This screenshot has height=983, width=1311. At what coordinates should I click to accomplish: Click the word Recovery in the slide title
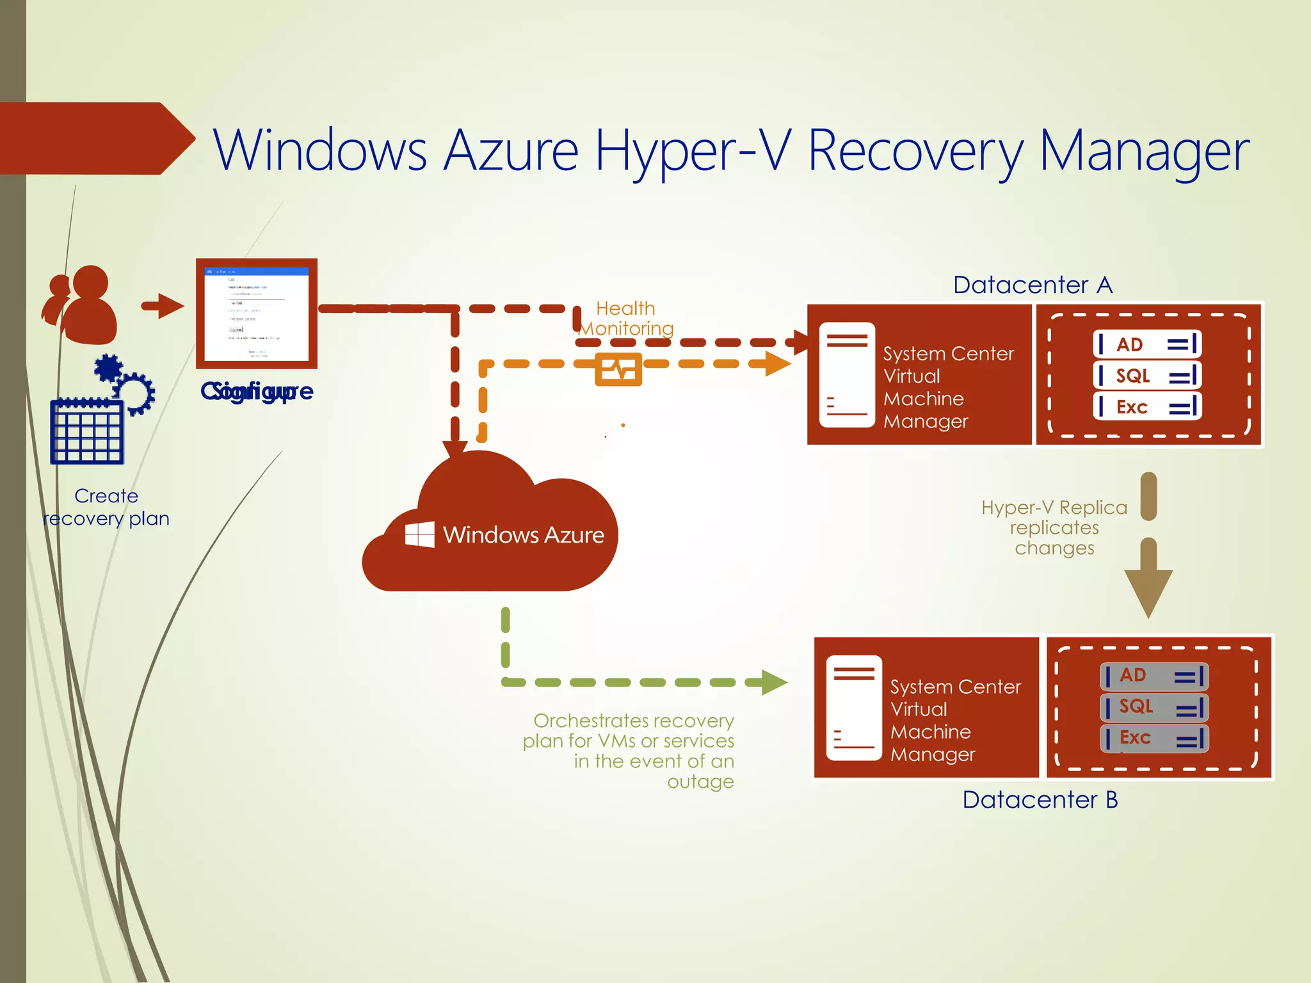pos(915,151)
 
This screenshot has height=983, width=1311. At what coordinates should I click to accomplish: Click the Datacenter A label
pos(1033,285)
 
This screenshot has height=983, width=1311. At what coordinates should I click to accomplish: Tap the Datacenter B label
pos(1040,800)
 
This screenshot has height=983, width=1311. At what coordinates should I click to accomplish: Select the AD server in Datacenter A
pos(1146,344)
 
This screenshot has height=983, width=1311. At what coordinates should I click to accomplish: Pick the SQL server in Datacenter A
pos(1146,376)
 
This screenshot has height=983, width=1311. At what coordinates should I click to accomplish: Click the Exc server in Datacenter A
pos(1146,407)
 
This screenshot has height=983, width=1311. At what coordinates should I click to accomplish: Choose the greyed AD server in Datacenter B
pos(1154,676)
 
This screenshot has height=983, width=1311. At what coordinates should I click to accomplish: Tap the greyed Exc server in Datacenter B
pos(1154,738)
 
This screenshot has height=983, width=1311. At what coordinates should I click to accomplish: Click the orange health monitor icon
pos(618,369)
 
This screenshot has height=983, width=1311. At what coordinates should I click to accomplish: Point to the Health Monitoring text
pos(625,318)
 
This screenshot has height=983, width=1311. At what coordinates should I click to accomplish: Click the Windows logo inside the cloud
pos(420,534)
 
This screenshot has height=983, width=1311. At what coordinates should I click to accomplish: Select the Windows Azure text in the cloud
pos(523,535)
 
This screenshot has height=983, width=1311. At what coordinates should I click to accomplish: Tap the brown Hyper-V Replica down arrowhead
pos(1148,592)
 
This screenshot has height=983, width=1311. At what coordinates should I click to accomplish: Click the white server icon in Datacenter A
pos(847,374)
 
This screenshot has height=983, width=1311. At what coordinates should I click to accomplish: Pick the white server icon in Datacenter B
pos(853,708)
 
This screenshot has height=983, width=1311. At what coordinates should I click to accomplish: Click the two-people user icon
pos(81,305)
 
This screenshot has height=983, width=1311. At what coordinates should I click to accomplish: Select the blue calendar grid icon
pos(87,431)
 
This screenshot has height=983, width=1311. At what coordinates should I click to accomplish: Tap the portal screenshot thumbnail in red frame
pos(256,314)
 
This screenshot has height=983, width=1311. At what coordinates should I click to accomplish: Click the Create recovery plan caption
pos(106,507)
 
